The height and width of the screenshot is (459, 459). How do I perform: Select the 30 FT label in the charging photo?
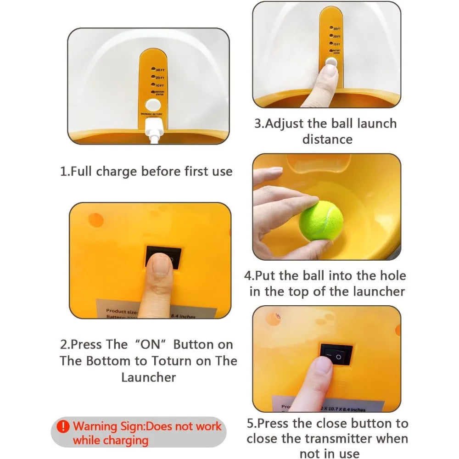(x=159, y=70)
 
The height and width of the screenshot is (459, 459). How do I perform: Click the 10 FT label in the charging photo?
(x=159, y=85)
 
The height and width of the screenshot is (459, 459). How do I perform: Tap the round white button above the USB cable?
(x=151, y=104)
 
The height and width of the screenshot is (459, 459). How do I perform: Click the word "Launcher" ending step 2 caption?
(x=148, y=377)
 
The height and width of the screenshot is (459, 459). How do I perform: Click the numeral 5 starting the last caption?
(x=251, y=423)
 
